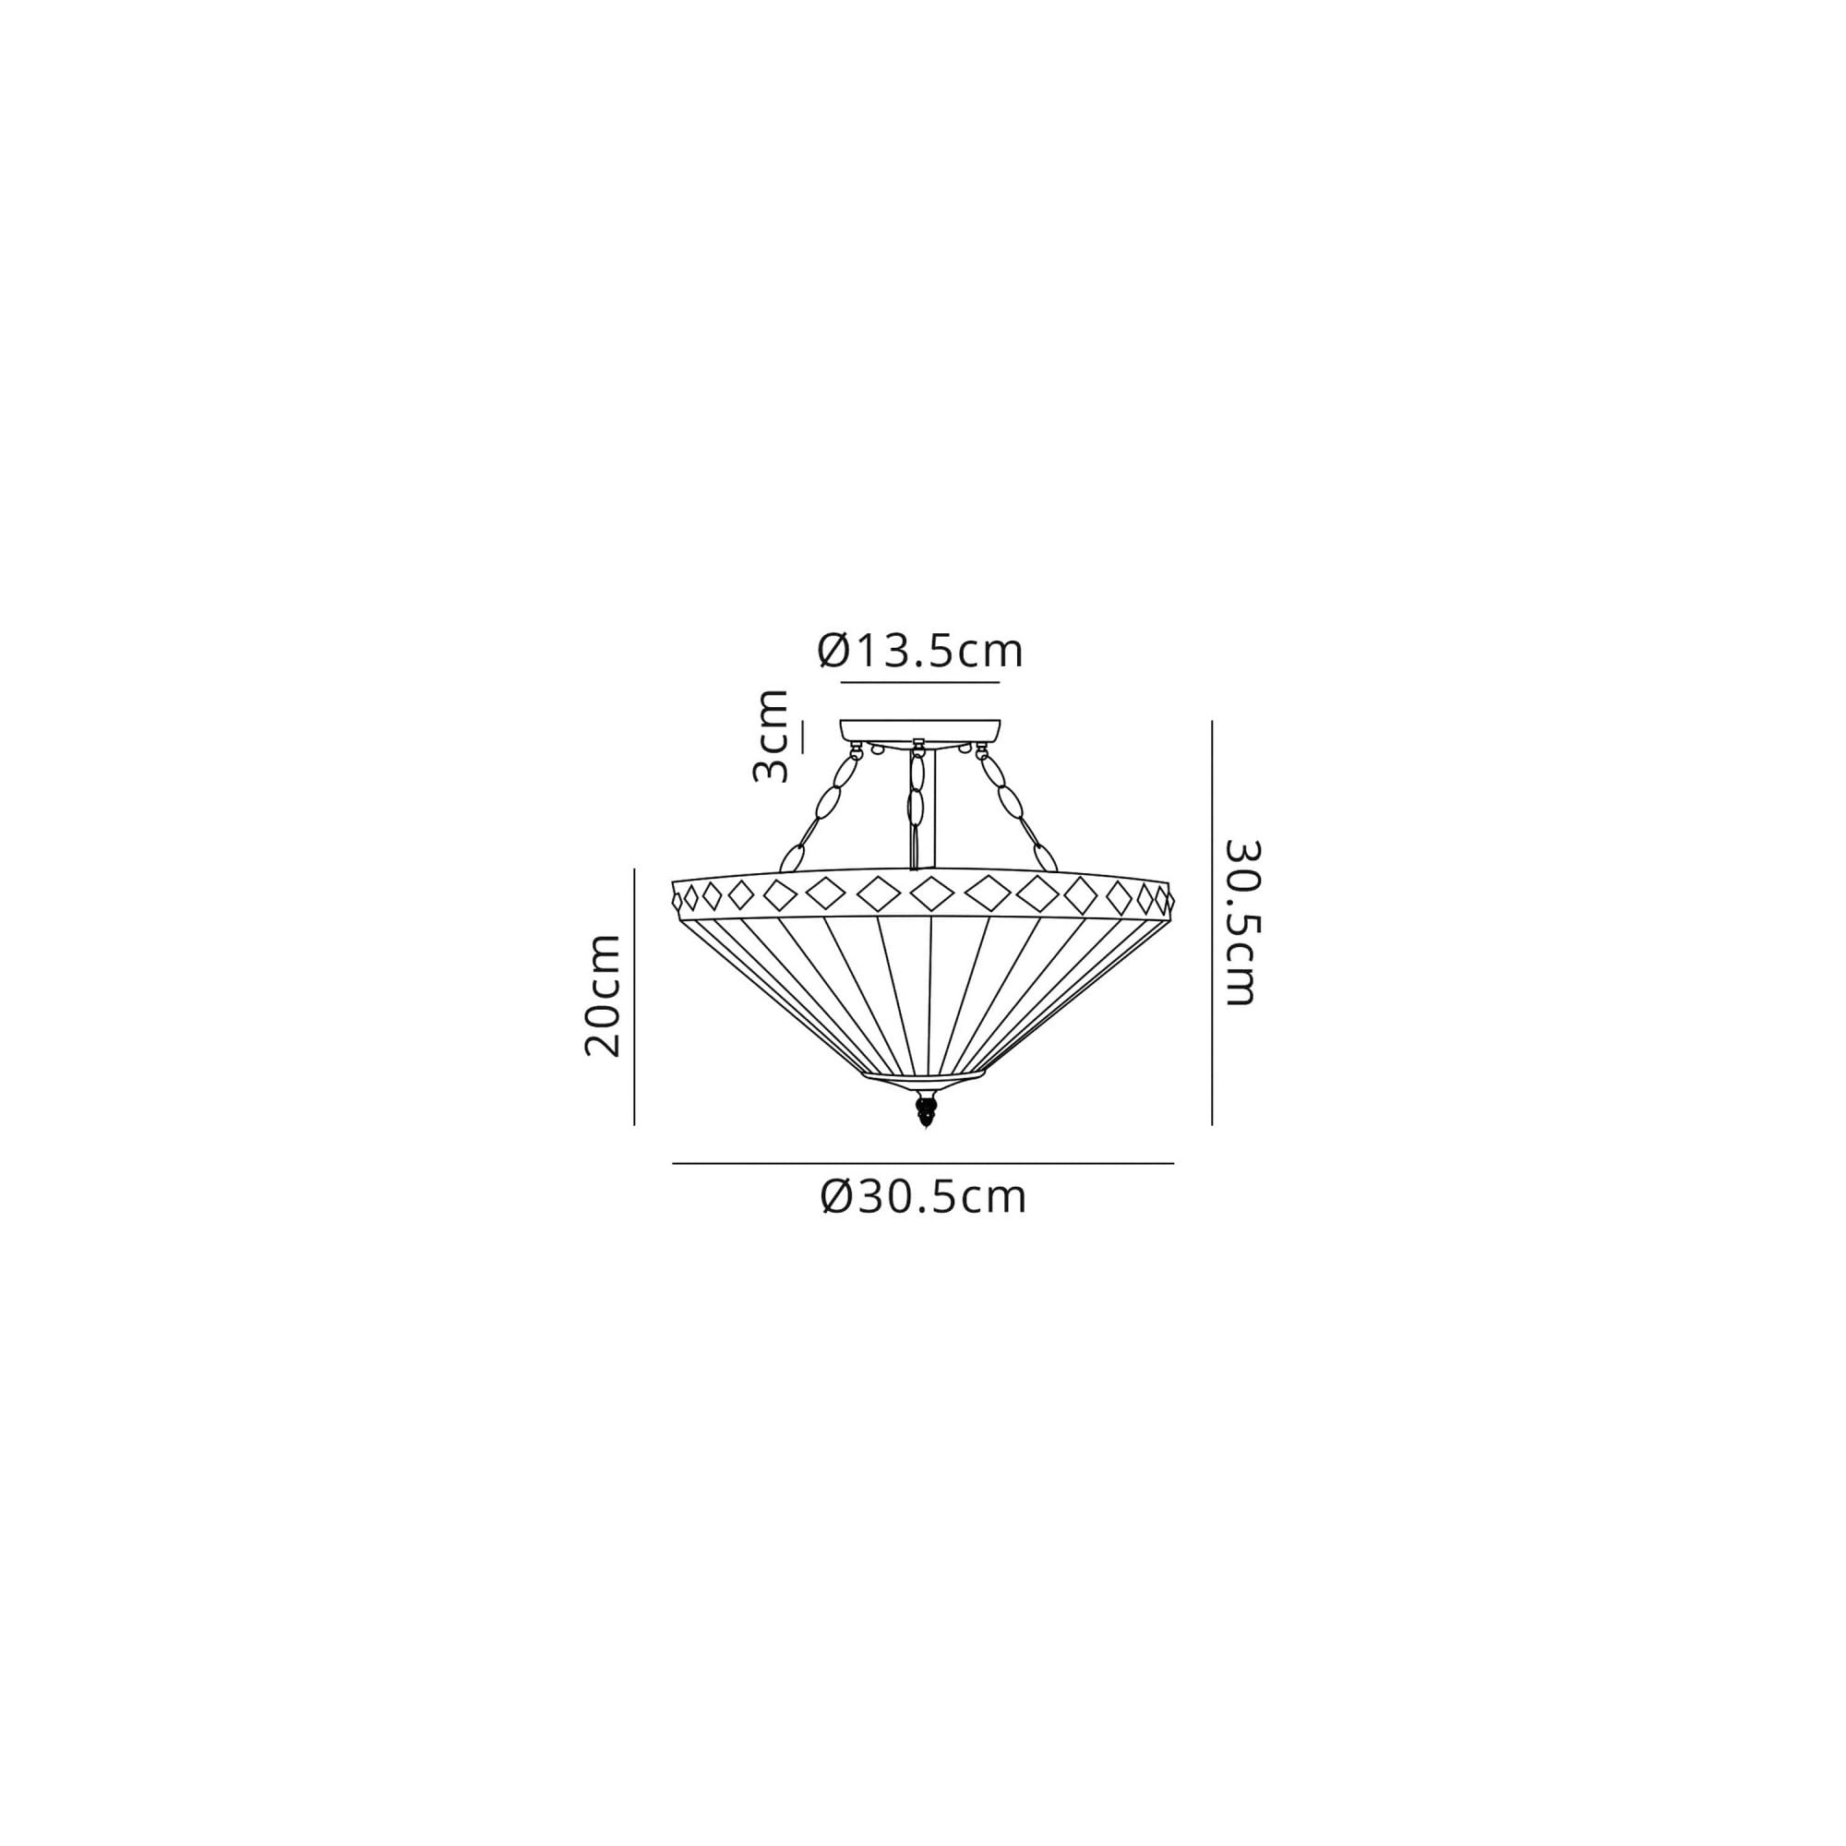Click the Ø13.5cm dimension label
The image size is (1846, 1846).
[920, 652]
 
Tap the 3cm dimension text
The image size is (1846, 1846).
[770, 736]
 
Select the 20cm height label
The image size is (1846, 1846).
[602, 996]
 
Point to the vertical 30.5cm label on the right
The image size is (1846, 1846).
[1243, 922]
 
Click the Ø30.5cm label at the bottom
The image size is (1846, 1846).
[924, 1196]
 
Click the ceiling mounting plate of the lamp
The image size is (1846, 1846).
[919, 731]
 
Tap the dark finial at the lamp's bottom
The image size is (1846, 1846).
[924, 1111]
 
